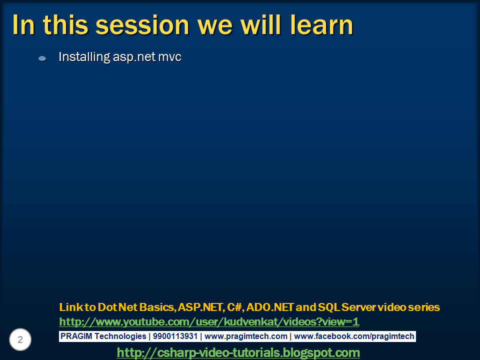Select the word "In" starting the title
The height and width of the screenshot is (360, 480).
(24, 25)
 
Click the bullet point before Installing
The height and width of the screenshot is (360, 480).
(42, 58)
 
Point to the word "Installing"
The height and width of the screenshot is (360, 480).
(84, 57)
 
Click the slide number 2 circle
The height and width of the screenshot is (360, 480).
(20, 340)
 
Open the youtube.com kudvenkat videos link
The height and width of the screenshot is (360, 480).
(209, 321)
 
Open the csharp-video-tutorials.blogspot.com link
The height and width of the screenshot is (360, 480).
(238, 353)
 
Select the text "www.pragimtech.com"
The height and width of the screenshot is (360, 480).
(246, 336)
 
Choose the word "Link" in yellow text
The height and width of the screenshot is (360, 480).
(69, 307)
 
